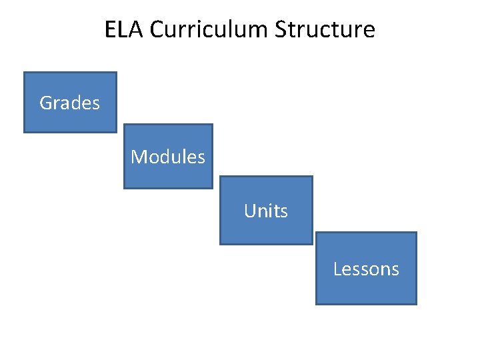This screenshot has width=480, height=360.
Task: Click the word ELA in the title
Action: pyautogui.click(x=124, y=30)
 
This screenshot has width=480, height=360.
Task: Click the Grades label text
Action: pyautogui.click(x=69, y=103)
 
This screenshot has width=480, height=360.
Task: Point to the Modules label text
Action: pyautogui.click(x=168, y=157)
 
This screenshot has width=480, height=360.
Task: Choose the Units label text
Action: pyautogui.click(x=266, y=211)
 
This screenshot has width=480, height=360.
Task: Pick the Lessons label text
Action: pyautogui.click(x=366, y=269)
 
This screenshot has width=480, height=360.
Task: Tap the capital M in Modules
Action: pyautogui.click(x=138, y=157)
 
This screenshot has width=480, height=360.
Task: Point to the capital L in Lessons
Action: pyautogui.click(x=337, y=269)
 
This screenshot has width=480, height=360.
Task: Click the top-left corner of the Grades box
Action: pyautogui.click(x=25, y=73)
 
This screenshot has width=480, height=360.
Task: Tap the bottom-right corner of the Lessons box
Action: pyautogui.click(x=416, y=304)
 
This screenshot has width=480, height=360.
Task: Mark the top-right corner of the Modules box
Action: pyautogui.click(x=212, y=125)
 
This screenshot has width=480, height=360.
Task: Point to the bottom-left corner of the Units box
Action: pyautogui.click(x=221, y=244)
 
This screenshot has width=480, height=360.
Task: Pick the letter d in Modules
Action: pyautogui.click(x=168, y=157)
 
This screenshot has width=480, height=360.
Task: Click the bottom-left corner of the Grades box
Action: pyautogui.click(x=25, y=132)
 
